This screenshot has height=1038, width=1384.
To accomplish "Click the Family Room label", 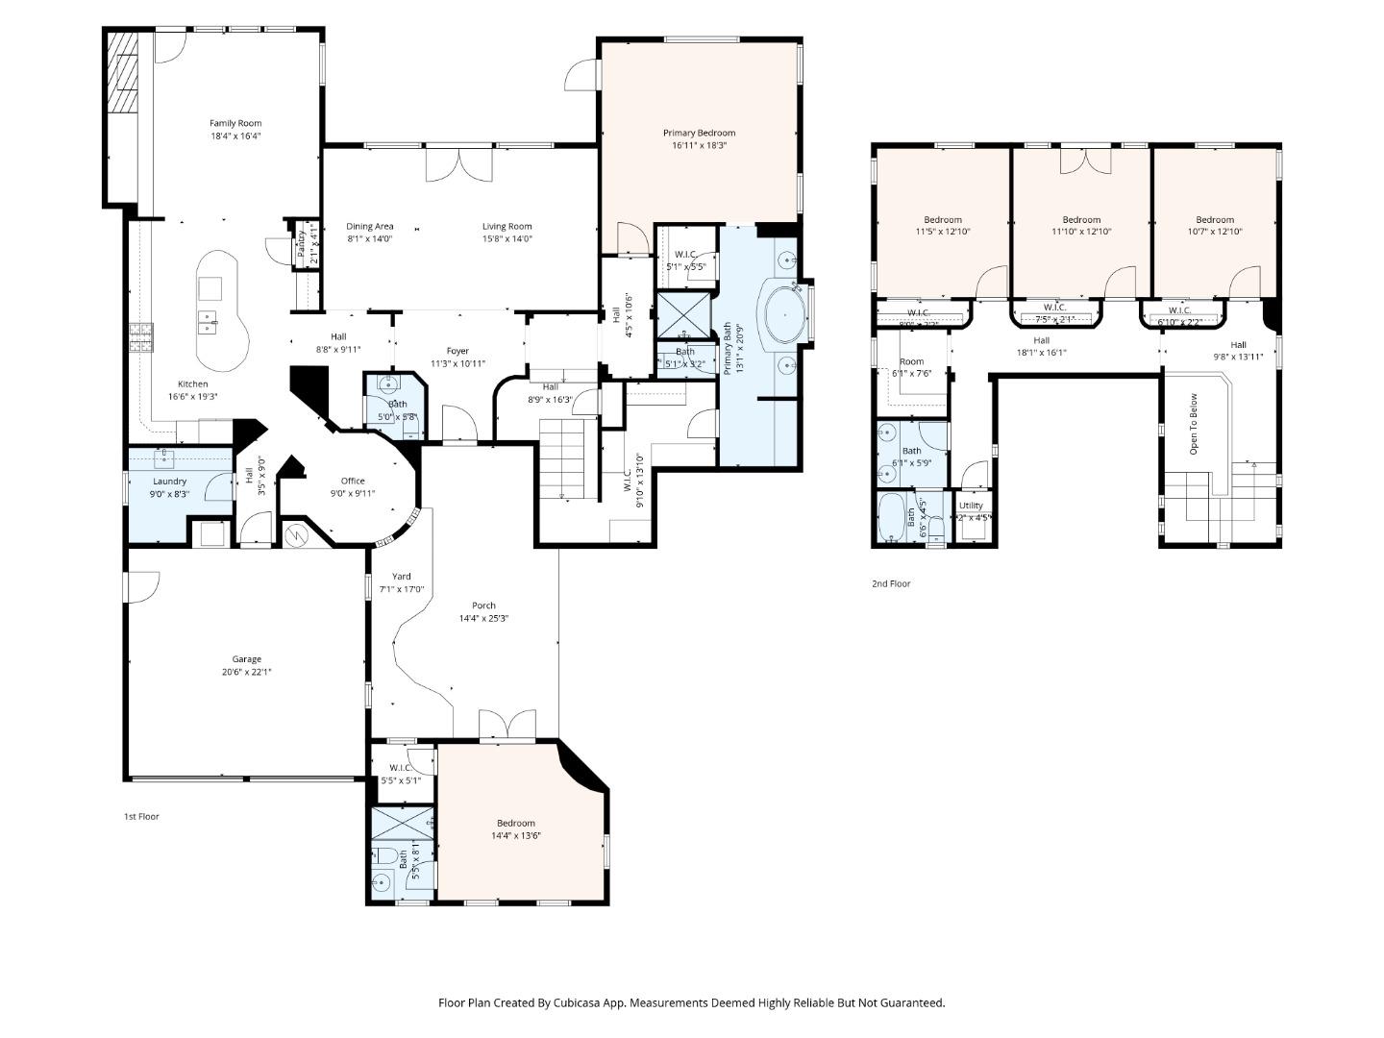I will tap(235, 123).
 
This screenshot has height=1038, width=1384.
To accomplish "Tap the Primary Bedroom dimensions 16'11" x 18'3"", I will tap(699, 146).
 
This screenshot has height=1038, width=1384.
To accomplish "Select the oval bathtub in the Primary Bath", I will tap(784, 313).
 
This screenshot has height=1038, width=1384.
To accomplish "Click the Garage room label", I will tap(246, 659).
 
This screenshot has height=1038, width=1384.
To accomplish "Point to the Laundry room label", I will tap(169, 482).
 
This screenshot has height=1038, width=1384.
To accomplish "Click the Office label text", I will tap(353, 482).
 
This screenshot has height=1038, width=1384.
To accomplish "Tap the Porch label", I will tap(483, 605).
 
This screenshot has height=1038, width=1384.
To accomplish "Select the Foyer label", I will tap(457, 351).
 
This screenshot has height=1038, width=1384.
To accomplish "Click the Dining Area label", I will tap(370, 227).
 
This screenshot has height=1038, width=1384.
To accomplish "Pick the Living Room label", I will tap(507, 227).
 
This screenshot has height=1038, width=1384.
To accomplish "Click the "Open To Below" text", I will tap(1194, 424).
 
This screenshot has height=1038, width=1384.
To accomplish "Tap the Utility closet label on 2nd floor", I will tap(971, 506).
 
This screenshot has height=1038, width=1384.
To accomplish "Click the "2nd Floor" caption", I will tap(890, 583).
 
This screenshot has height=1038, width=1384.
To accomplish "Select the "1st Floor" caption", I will tap(140, 816).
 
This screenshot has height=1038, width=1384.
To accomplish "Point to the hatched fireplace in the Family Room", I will tap(122, 74).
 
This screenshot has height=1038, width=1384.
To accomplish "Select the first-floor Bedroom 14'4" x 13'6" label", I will tap(515, 823).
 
